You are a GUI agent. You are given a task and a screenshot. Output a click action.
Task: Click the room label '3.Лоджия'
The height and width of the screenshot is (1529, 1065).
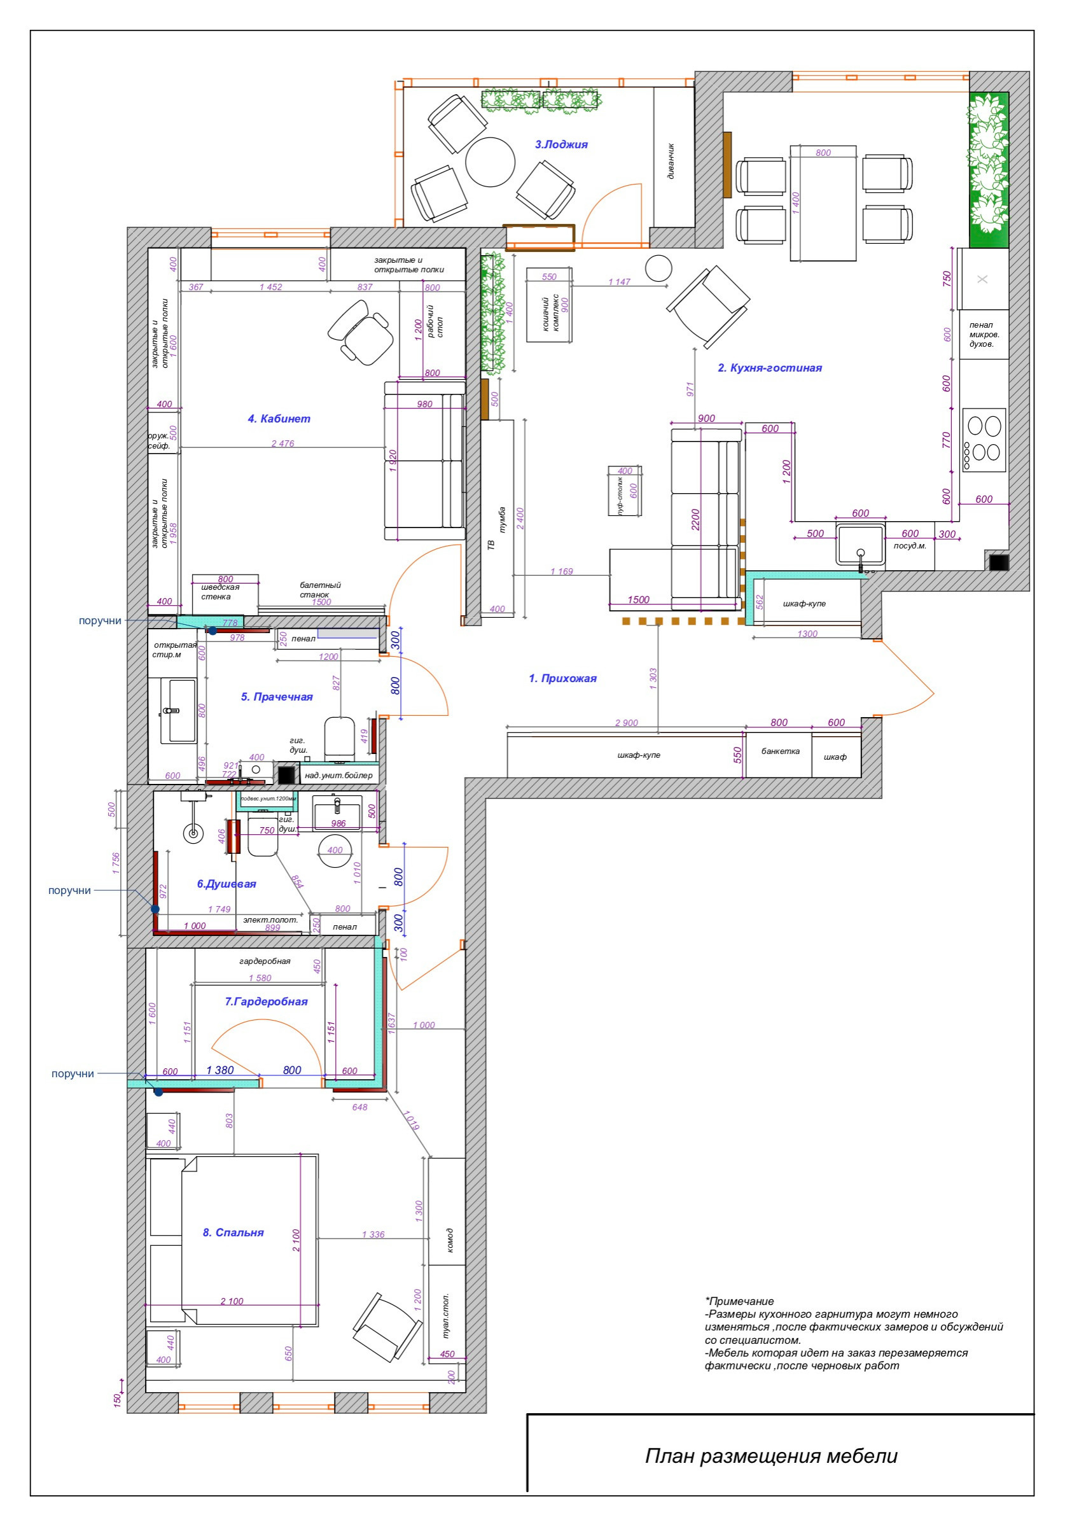pos(560,144)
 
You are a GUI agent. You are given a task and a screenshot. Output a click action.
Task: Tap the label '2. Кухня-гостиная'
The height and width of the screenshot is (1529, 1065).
pos(769,368)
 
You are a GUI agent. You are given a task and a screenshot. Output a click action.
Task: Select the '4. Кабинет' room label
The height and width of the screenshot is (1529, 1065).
pos(279,419)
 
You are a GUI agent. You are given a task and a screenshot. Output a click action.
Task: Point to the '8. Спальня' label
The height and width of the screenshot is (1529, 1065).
pos(233,1232)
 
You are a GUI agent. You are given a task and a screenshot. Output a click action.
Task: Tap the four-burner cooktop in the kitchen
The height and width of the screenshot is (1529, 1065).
pos(983,440)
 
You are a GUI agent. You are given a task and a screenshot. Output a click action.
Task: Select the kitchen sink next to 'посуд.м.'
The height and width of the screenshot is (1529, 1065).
pos(860,545)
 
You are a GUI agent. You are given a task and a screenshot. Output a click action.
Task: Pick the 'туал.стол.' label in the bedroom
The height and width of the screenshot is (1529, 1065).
pos(445,1316)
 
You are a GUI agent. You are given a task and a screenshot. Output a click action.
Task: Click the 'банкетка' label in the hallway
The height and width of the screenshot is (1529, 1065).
pos(779,751)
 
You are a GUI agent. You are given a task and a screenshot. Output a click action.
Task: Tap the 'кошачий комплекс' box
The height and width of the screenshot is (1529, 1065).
pos(549,305)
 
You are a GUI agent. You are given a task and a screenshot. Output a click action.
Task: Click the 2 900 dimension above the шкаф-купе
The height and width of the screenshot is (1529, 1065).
pos(626,723)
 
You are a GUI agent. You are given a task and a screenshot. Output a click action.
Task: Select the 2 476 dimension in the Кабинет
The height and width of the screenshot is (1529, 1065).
pos(282,443)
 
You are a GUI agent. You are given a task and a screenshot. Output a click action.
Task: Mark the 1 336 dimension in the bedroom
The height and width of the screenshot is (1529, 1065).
pos(373,1234)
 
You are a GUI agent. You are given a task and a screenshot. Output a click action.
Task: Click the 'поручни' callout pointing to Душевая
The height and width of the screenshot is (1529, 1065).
pos(69,890)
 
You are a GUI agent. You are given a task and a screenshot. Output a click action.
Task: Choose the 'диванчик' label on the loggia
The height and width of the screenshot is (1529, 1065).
pos(671,160)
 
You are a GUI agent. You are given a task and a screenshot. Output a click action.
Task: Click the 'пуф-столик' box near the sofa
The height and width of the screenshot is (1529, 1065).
pos(624,491)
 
